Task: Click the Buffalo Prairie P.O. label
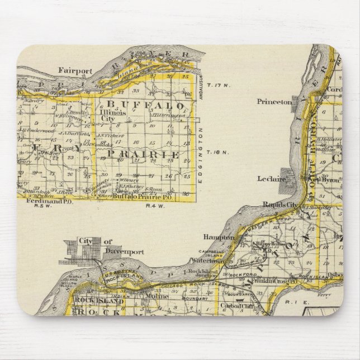136,197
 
